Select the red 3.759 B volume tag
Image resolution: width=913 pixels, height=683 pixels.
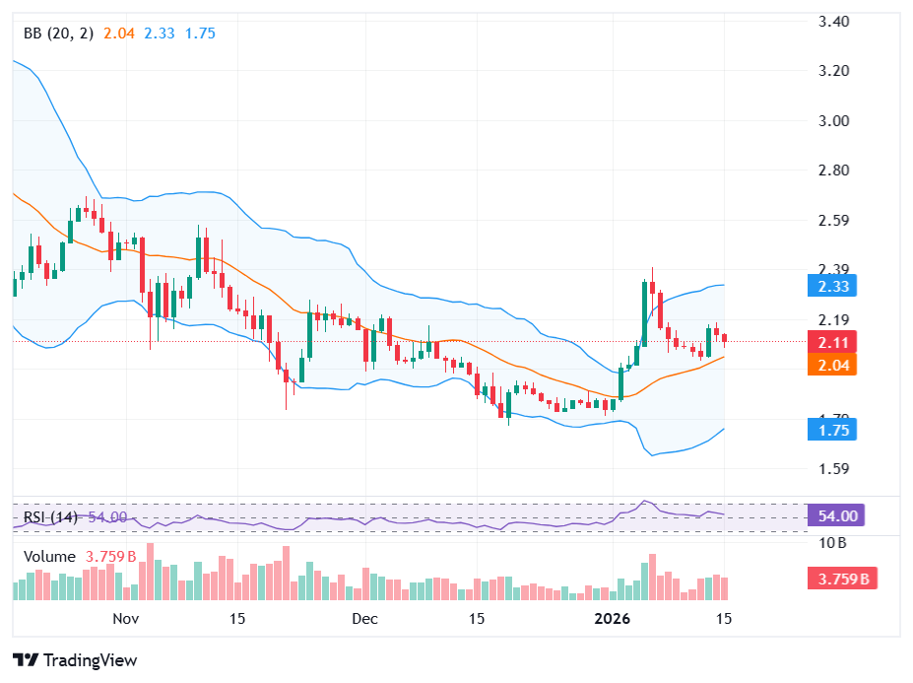click(x=841, y=579)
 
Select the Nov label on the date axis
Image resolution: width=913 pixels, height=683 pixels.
click(x=125, y=619)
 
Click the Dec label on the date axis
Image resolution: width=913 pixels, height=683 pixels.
click(x=364, y=619)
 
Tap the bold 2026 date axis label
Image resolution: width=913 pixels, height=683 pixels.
click(x=613, y=619)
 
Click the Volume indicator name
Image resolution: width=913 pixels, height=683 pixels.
click(x=49, y=557)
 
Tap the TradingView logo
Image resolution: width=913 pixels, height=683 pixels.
click(x=75, y=660)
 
